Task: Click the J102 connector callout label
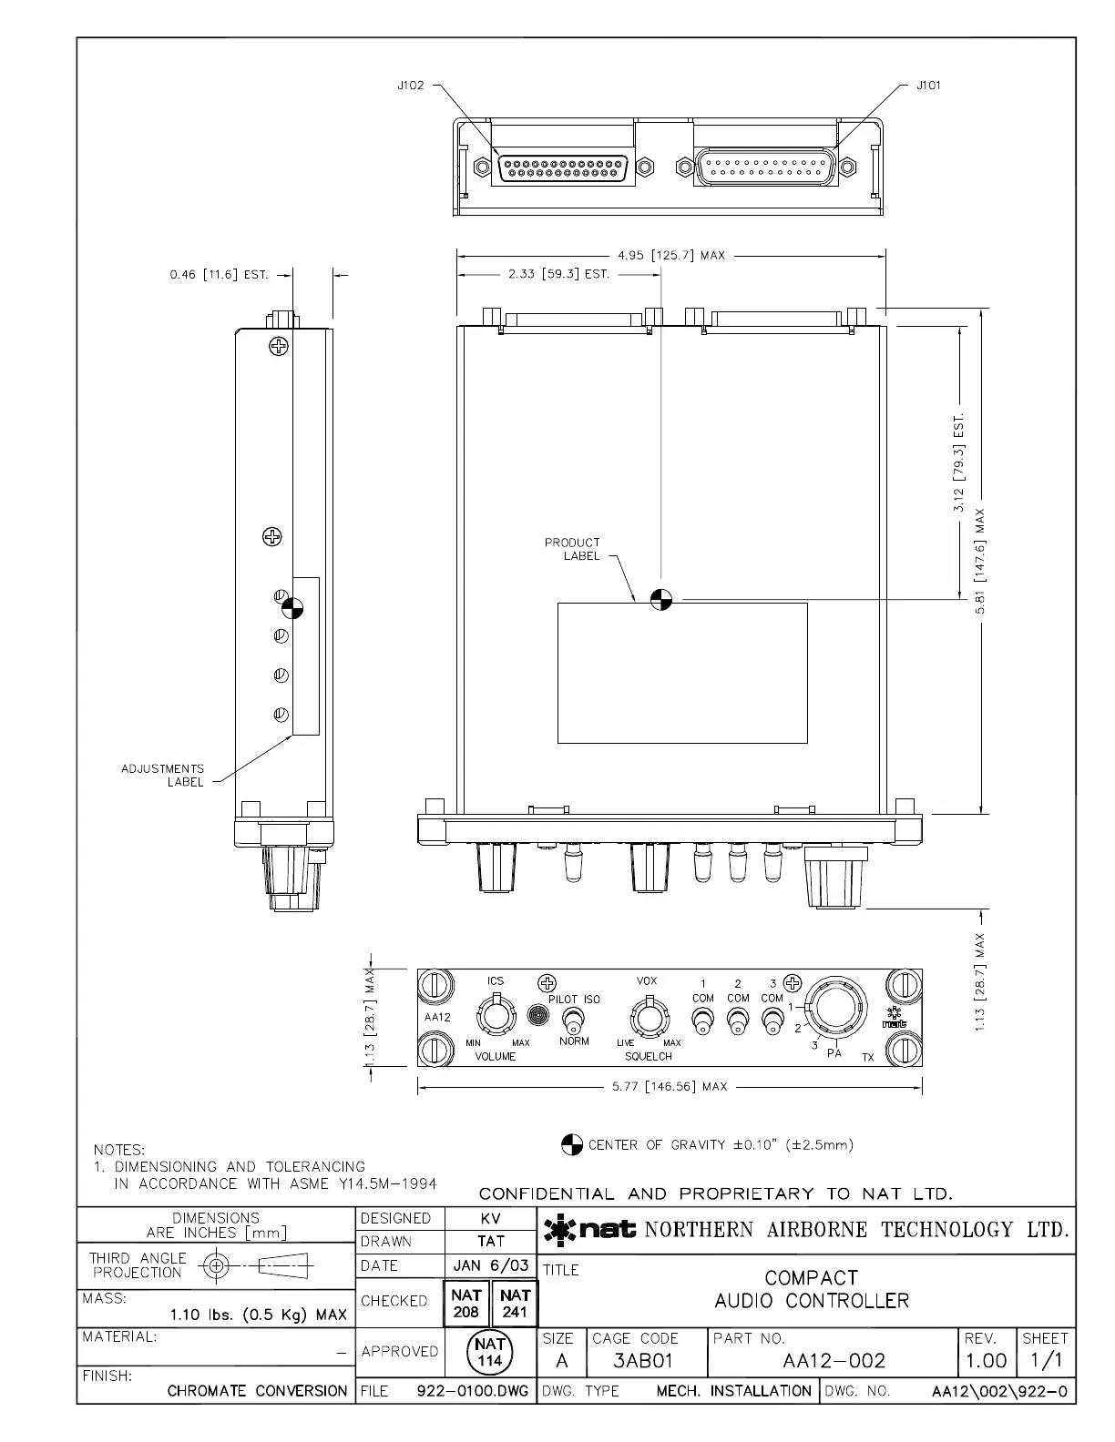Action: click(x=411, y=86)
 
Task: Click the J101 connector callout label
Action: click(x=929, y=86)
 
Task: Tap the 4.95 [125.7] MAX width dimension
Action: click(x=671, y=256)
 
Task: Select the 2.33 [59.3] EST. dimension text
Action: click(x=558, y=274)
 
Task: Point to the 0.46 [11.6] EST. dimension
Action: click(x=219, y=274)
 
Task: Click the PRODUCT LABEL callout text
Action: click(x=572, y=549)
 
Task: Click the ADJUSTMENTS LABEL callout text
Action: click(x=163, y=776)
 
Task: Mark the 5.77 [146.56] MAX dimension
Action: click(x=670, y=1087)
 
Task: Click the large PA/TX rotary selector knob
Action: click(x=836, y=1007)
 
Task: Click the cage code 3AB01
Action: click(x=642, y=1361)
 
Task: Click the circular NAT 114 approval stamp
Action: click(x=490, y=1352)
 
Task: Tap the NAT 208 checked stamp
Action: click(x=465, y=1301)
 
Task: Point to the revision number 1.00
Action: click(x=986, y=1361)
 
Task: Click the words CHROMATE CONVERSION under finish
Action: click(x=258, y=1391)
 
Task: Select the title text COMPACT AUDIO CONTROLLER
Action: click(x=811, y=1289)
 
